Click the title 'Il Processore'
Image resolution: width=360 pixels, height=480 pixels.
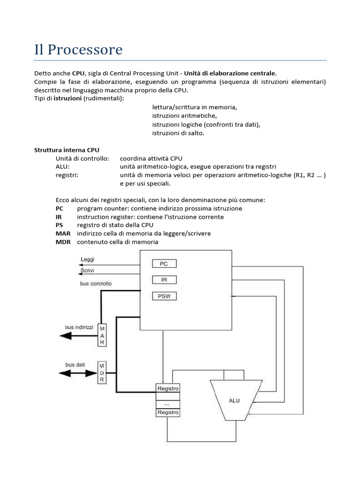(78, 49)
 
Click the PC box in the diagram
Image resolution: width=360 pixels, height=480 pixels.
(164, 264)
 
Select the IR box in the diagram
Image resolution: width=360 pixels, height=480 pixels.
(164, 280)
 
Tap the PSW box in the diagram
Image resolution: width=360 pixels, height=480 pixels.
(164, 296)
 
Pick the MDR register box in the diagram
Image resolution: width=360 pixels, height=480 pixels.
(101, 373)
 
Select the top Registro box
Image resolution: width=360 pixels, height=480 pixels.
(168, 389)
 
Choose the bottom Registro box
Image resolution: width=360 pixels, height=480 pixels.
(168, 412)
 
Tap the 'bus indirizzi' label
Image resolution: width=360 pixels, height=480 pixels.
(79, 326)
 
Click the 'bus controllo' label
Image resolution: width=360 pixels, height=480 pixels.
(96, 284)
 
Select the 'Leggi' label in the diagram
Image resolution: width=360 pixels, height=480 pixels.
(87, 259)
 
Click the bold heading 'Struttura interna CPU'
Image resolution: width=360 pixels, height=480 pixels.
(67, 150)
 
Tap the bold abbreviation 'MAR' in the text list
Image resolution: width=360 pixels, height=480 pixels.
(63, 233)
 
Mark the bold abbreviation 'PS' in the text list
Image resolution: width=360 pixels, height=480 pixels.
(59, 225)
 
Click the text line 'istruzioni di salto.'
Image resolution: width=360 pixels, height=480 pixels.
(178, 133)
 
